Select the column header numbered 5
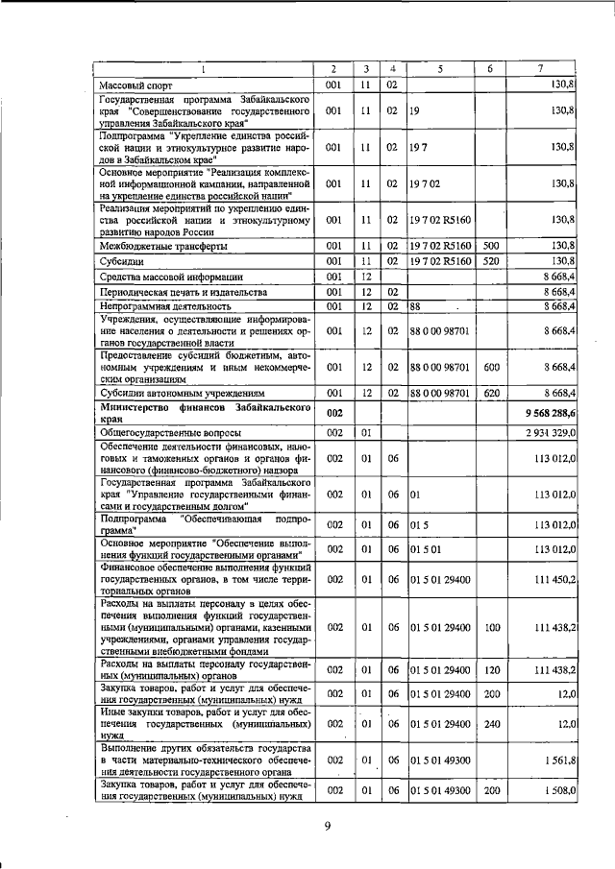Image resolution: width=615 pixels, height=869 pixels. (x=440, y=69)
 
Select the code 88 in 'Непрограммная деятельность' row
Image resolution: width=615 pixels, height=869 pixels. (x=416, y=306)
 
